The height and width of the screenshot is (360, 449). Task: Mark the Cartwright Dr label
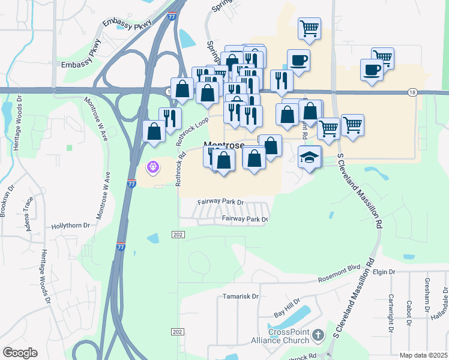pyautogui.click(x=390, y=312)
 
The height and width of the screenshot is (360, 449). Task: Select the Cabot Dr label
pyautogui.click(x=408, y=309)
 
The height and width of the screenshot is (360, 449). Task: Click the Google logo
pyautogui.click(x=20, y=352)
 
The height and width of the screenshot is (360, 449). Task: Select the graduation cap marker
pyautogui.click(x=310, y=157)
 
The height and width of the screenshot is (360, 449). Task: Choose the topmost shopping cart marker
pyautogui.click(x=309, y=28)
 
